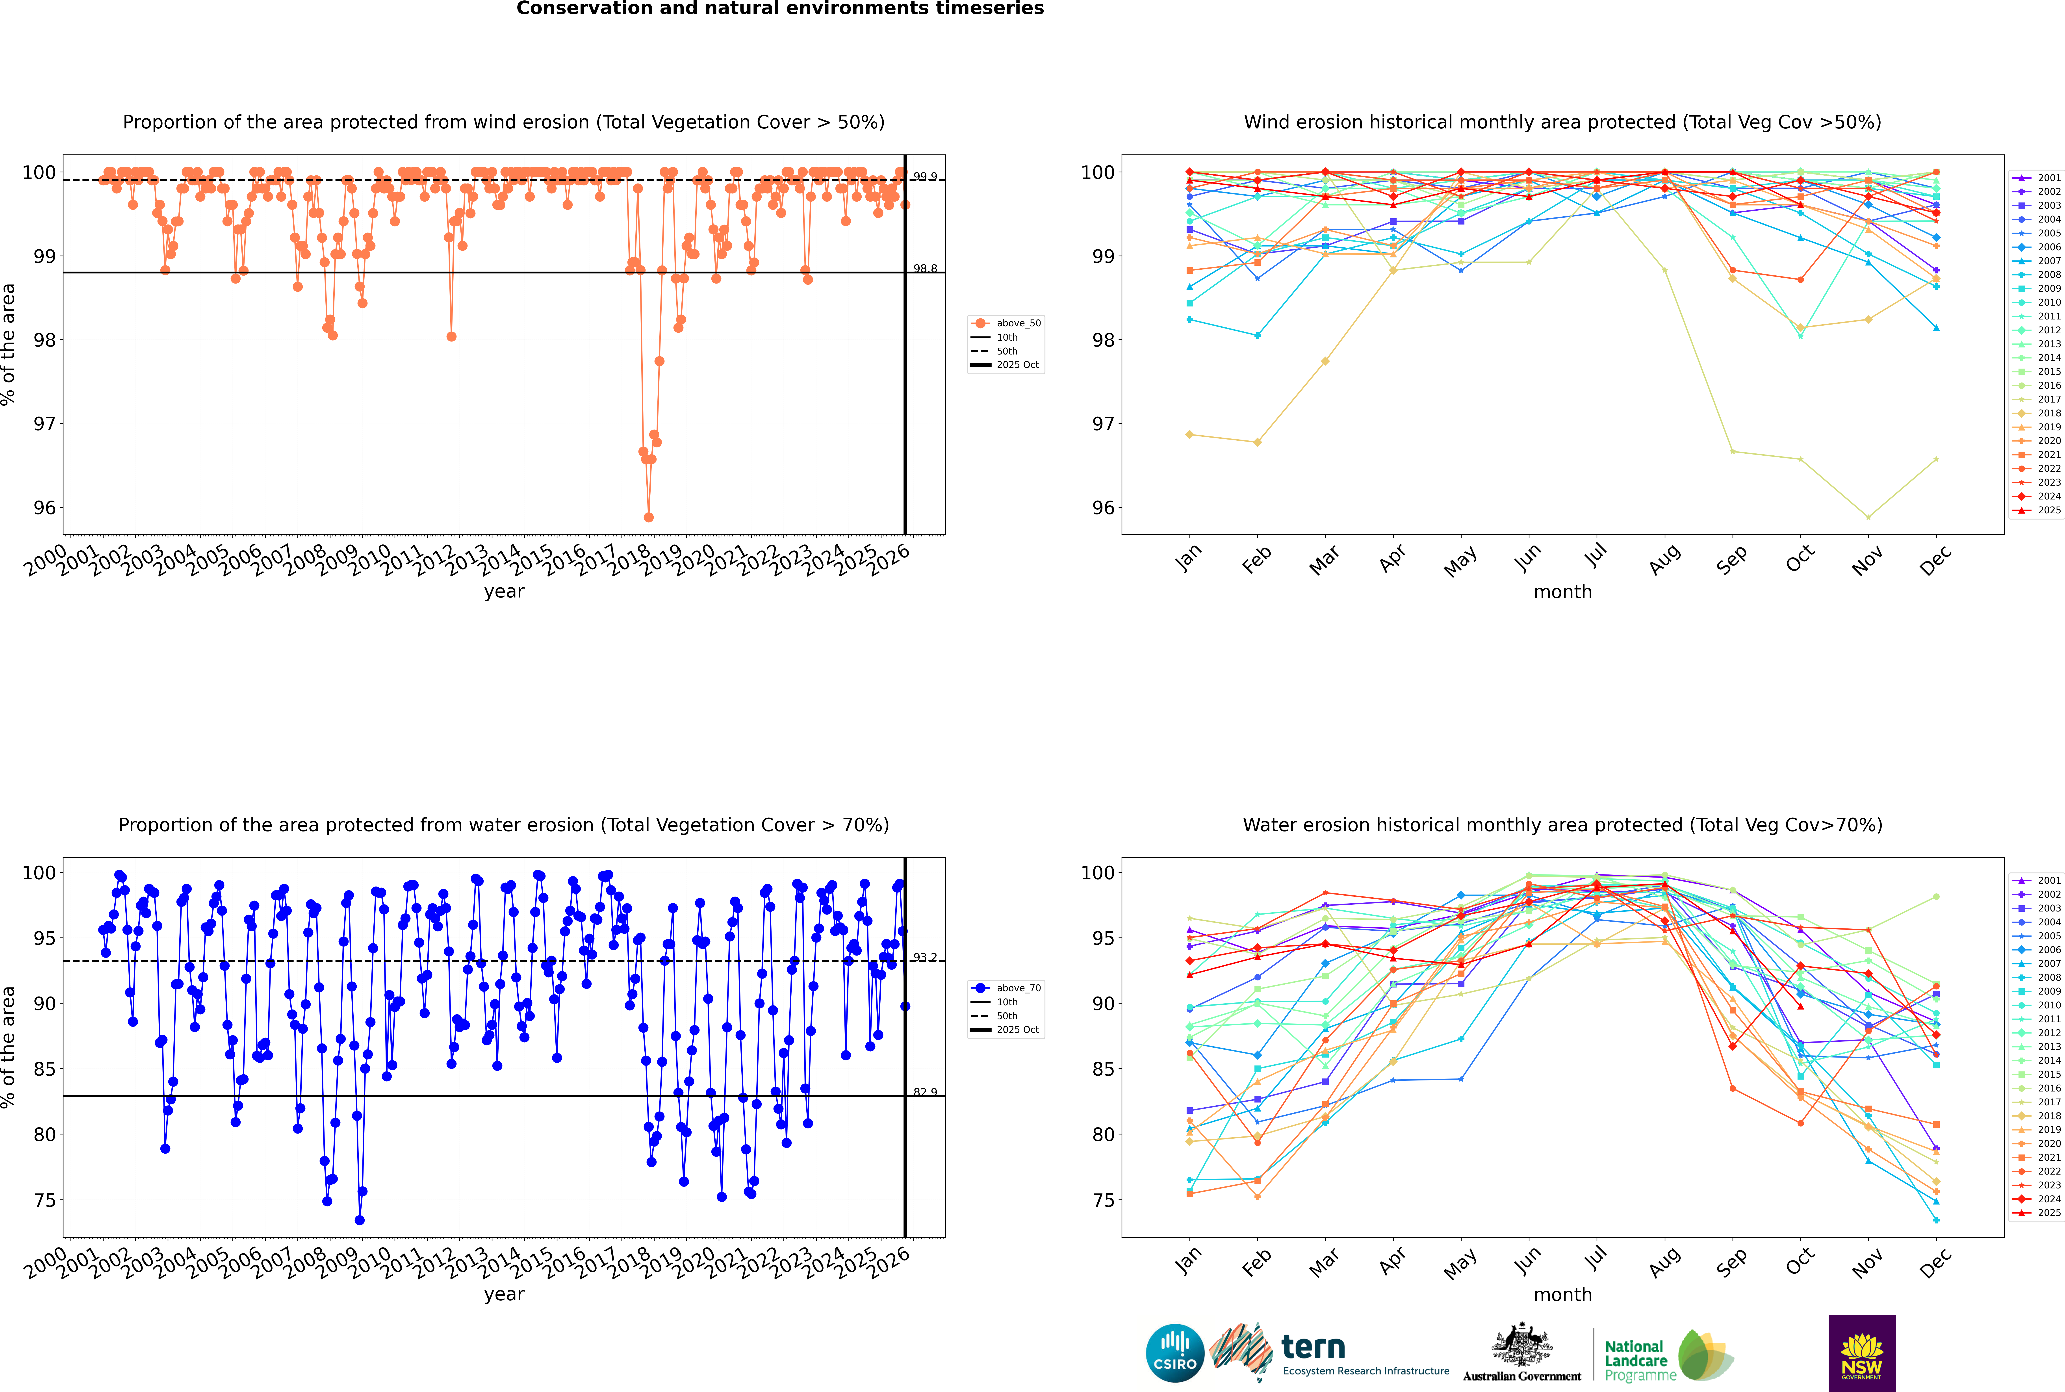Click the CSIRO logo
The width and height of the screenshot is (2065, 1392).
click(1174, 1353)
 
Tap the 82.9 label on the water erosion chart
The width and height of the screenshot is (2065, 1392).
click(925, 1092)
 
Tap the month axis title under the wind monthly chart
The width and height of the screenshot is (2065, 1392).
click(1562, 592)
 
